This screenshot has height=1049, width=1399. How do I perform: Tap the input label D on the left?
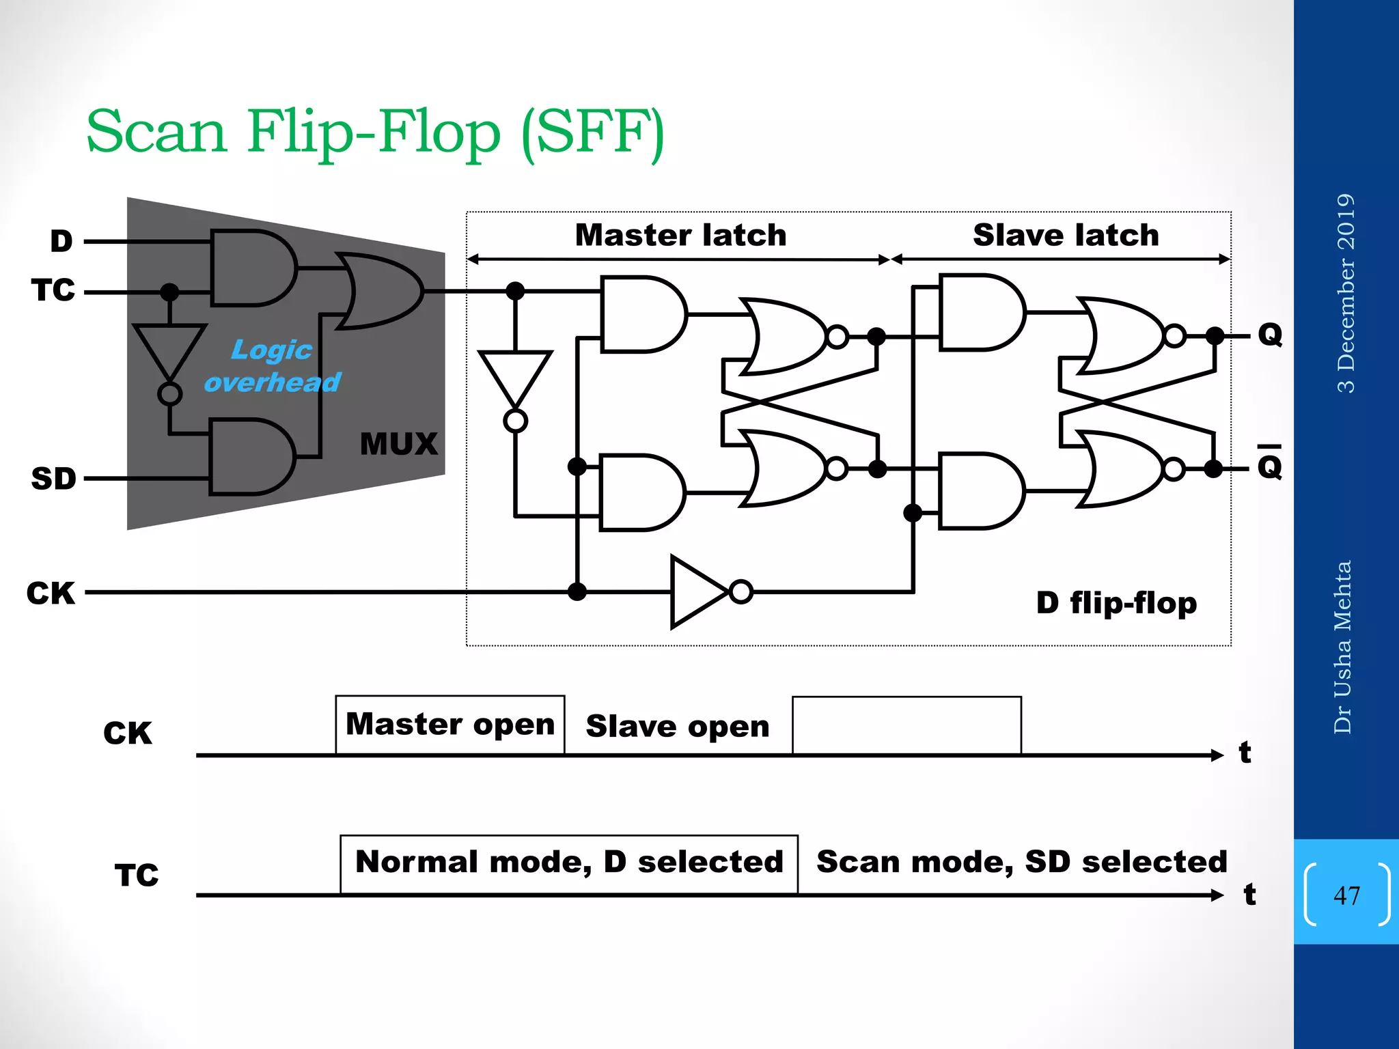pos(61,241)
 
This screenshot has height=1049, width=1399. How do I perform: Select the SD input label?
pos(53,478)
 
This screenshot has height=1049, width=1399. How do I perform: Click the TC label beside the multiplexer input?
pos(53,290)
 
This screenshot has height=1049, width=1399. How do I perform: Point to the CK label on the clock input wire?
pos(51,593)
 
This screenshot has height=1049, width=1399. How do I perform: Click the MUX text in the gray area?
pos(398,444)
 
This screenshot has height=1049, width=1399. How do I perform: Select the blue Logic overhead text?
pos(272,366)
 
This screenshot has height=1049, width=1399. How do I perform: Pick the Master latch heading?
pos(680,235)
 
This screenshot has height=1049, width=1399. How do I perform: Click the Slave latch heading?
pos(1066,235)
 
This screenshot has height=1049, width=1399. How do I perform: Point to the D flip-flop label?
pos(1116,602)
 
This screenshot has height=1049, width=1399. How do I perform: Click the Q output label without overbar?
pos(1270,335)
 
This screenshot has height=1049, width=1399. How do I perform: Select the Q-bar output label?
pos(1270,466)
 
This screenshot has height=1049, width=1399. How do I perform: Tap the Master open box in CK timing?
pos(450,725)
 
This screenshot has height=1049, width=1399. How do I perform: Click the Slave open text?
pos(677,726)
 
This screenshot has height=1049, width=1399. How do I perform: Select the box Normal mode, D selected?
pos(569,863)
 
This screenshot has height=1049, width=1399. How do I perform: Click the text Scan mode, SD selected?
pos(1021,862)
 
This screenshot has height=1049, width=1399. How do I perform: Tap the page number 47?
pos(1346,895)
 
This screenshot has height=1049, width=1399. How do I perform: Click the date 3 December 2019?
pos(1345,293)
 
